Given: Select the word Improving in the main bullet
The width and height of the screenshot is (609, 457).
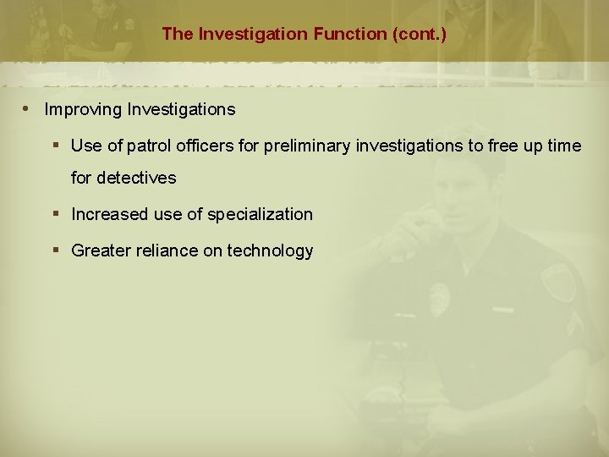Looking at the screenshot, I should pyautogui.click(x=82, y=110).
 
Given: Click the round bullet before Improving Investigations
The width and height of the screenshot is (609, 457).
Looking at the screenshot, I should pyautogui.click(x=27, y=109).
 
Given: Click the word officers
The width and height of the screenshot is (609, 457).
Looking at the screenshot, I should pyautogui.click(x=208, y=146).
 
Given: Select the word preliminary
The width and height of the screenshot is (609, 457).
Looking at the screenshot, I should pyautogui.click(x=308, y=146).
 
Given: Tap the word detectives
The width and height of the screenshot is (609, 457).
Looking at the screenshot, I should pyautogui.click(x=136, y=178).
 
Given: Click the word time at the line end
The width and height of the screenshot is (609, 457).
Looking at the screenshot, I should pyautogui.click(x=564, y=146).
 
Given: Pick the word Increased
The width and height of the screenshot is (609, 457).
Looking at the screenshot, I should pyautogui.click(x=109, y=215).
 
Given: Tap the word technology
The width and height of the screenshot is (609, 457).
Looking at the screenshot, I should pyautogui.click(x=270, y=251).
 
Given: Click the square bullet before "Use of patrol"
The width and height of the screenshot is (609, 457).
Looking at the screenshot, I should pyautogui.click(x=54, y=146).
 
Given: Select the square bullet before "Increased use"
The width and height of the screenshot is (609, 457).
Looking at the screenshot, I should pyautogui.click(x=54, y=215).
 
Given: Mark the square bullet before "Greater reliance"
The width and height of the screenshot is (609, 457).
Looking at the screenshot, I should pyautogui.click(x=54, y=251).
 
